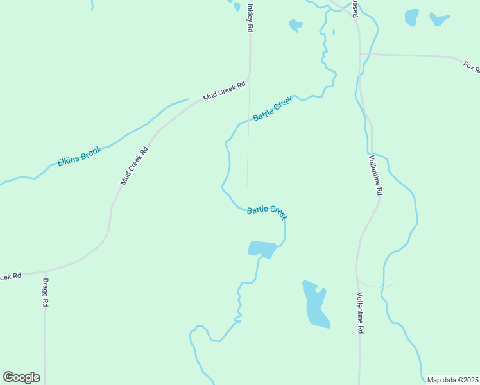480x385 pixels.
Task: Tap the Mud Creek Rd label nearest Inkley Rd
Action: click(x=225, y=91)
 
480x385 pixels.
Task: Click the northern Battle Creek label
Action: click(x=273, y=109)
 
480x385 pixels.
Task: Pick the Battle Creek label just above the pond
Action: click(x=267, y=212)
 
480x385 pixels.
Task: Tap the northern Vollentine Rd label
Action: click(x=375, y=175)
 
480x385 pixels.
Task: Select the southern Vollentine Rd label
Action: click(x=361, y=312)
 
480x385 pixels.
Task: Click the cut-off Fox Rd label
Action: click(x=471, y=66)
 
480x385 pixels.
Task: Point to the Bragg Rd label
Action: click(x=46, y=293)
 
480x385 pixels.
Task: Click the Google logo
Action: click(x=21, y=377)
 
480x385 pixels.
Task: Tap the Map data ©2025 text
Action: click(x=452, y=380)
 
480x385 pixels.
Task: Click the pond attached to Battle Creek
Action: click(x=262, y=248)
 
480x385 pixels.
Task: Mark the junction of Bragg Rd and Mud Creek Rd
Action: click(x=45, y=271)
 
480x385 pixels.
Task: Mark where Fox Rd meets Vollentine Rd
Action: click(x=360, y=54)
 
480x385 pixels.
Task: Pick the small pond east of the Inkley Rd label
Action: click(x=295, y=25)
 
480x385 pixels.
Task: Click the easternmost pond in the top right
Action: click(x=440, y=19)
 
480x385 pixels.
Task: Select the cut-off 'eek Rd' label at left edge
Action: click(x=11, y=276)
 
